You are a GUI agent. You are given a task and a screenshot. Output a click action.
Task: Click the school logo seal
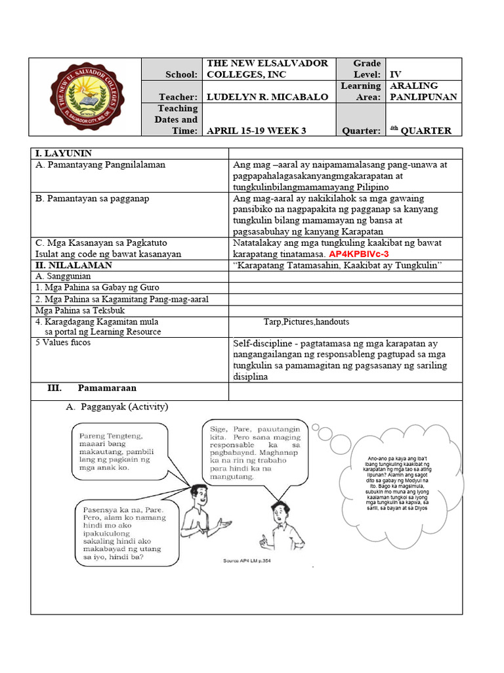(86, 97)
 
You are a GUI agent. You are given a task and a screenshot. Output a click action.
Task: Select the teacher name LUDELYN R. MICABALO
(267, 97)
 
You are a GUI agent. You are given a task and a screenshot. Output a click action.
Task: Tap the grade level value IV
(395, 75)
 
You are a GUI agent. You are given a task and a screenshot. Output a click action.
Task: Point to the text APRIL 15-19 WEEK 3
(257, 131)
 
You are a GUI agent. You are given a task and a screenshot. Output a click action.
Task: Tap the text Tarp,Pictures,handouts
(306, 321)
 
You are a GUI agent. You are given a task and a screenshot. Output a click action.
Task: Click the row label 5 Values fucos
(64, 342)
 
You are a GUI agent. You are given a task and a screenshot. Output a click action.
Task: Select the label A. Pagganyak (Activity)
(117, 407)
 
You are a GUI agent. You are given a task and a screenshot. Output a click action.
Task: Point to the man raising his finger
(278, 526)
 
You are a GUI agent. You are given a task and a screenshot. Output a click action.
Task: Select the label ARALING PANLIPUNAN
(423, 91)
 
